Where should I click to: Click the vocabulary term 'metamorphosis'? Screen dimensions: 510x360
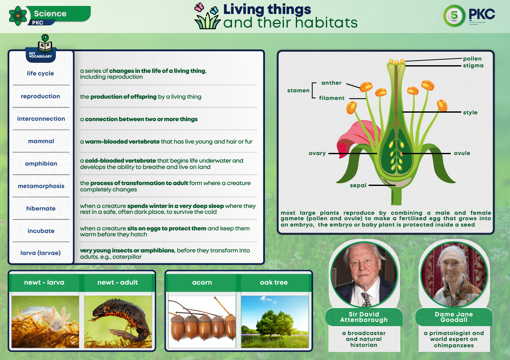41,186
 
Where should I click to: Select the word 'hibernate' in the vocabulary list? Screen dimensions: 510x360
41,208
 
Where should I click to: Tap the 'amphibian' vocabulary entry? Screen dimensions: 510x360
41,163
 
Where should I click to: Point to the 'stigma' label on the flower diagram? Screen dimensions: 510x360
473,66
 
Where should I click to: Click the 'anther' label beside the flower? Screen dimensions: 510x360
331,83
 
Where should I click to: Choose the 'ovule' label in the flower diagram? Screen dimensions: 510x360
462,153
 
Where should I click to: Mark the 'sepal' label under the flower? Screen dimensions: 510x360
358,186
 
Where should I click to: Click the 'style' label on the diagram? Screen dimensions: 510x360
470,113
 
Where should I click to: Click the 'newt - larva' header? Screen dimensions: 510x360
44,282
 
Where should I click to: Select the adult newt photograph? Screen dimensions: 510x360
118,322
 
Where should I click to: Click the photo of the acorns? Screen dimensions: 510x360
202,322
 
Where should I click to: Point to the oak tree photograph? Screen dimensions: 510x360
275,322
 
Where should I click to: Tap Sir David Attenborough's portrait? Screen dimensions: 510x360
364,274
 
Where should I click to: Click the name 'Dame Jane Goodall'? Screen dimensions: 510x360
454,317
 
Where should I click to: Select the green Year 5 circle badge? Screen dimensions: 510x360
454,16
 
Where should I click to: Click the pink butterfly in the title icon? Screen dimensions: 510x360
199,7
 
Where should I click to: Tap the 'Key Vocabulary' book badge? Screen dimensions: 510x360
41,49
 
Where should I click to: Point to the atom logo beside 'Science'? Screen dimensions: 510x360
18,16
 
